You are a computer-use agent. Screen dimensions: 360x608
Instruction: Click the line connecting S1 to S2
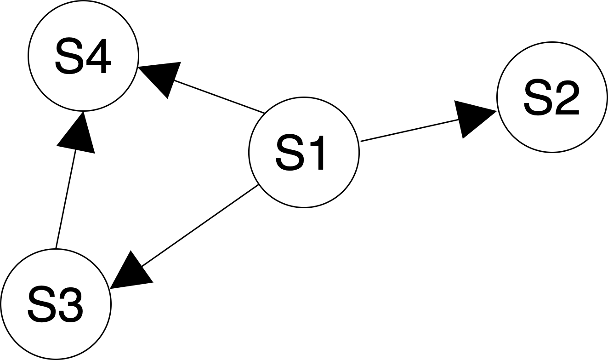pos(409,130)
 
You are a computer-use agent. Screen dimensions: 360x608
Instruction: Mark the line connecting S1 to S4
pos(216,96)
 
